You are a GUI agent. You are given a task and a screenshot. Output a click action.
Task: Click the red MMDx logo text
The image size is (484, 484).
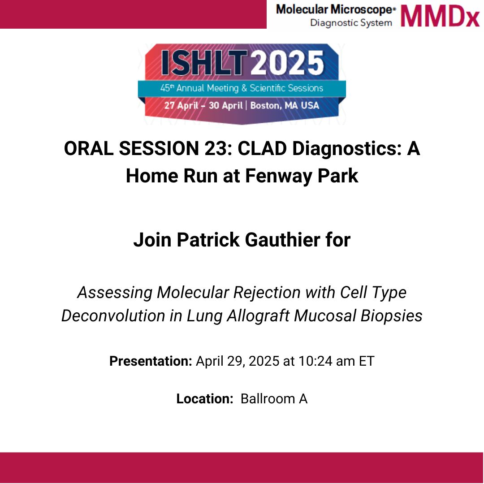440,16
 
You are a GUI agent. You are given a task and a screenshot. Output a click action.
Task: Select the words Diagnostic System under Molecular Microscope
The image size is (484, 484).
351,23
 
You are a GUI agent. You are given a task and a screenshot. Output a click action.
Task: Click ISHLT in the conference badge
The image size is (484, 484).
204,63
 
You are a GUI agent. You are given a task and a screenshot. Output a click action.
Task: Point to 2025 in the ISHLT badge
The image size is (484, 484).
287,63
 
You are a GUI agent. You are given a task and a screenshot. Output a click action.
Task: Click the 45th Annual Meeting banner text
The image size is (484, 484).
242,88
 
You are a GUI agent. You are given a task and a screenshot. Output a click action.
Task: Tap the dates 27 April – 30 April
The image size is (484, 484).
203,106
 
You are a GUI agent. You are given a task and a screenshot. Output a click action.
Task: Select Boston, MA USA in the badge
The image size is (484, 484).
285,106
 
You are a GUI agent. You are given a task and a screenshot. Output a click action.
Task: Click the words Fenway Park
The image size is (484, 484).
302,176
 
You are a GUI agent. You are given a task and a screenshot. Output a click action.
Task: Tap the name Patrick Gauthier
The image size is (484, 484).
248,240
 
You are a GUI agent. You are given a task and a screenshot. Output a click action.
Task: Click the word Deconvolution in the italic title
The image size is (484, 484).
113,316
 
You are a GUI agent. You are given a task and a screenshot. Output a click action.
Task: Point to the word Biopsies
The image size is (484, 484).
391,316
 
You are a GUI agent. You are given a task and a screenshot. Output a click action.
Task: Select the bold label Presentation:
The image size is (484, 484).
151,361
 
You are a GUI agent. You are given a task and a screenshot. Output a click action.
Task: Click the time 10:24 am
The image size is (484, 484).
327,361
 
